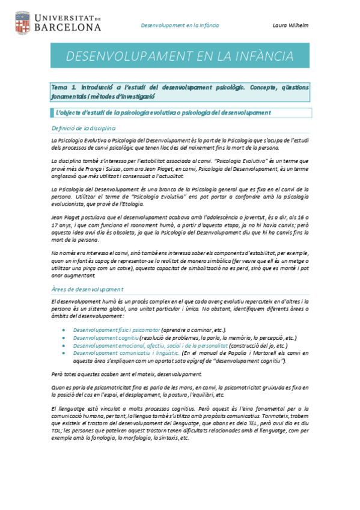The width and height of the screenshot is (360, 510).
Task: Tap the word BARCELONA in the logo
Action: (67, 27)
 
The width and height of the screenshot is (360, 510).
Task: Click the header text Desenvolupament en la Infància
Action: (180, 26)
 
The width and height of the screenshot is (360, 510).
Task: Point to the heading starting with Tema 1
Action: (180, 91)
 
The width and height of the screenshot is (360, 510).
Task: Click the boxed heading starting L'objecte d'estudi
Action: (162, 112)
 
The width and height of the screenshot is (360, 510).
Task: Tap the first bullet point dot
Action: (64, 330)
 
